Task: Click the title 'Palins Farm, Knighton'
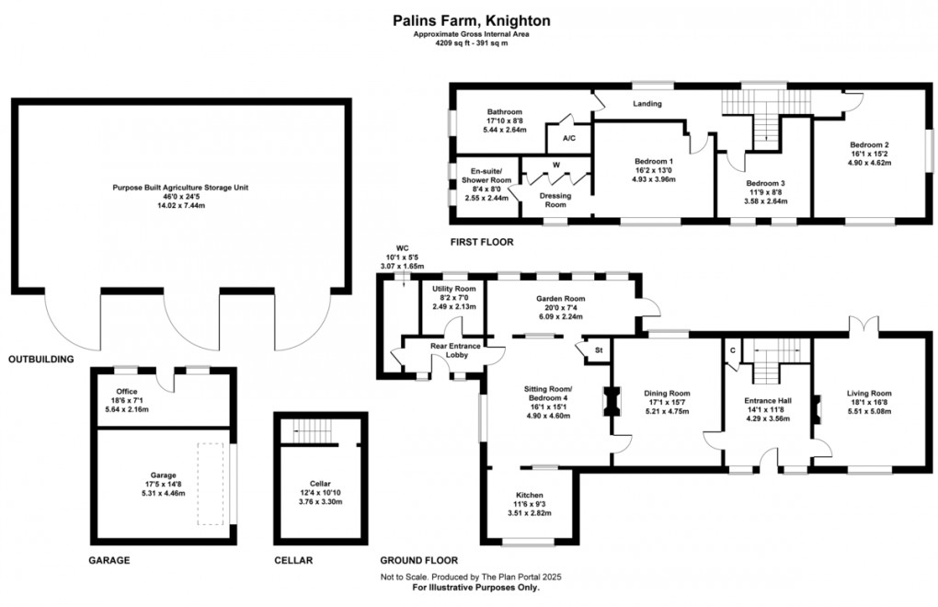click(x=472, y=18)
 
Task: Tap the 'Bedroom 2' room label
click(x=868, y=145)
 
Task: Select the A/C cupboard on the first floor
click(x=568, y=138)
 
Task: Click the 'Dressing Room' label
click(x=555, y=200)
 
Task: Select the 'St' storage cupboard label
click(x=598, y=349)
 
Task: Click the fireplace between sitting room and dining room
click(x=609, y=401)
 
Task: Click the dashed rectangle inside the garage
click(x=211, y=484)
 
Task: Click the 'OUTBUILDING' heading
click(x=40, y=360)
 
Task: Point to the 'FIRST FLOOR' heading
click(x=481, y=242)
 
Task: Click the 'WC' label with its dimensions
click(x=402, y=257)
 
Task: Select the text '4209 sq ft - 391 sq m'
click(x=472, y=43)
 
